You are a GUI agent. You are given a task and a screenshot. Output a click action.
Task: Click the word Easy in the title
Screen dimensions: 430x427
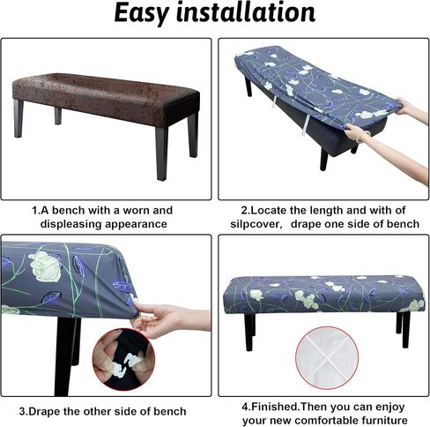tap(142, 13)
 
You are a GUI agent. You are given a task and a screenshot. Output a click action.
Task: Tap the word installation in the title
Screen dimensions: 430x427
tap(246, 12)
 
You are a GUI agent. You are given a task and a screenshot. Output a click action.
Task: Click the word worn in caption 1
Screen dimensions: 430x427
tap(137, 210)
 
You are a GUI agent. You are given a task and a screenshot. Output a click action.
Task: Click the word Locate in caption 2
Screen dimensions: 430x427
tap(269, 210)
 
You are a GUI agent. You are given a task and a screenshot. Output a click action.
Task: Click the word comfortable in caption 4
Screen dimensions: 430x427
tap(330, 420)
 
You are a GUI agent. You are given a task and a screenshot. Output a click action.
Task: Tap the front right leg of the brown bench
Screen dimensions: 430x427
tap(162, 153)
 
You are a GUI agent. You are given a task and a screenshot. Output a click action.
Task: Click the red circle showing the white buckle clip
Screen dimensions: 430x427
tap(123, 359)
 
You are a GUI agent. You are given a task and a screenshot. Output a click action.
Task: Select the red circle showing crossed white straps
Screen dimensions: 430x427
tap(327, 358)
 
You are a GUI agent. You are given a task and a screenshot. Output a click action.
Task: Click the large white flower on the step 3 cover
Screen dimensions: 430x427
tap(46, 266)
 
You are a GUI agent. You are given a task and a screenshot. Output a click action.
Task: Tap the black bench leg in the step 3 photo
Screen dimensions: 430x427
tap(65, 356)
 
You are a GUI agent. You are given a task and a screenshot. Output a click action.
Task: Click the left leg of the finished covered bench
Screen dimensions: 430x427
tap(248, 332)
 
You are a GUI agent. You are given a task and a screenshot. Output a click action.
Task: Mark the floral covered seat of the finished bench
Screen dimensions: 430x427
tap(323, 295)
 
